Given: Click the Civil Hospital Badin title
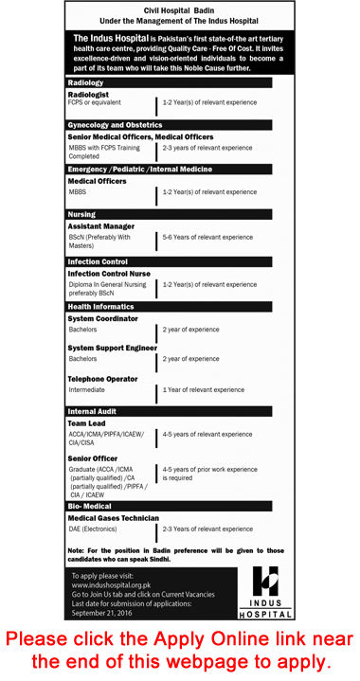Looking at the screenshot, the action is tap(179, 9).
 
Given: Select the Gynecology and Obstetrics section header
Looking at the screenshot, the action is tap(115, 125).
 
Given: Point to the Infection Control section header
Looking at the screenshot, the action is tap(98, 260).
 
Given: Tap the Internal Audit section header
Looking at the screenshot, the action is tap(93, 412).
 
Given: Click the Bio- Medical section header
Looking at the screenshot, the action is tap(89, 507).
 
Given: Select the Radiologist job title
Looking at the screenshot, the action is tap(90, 95).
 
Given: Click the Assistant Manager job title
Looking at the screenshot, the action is tap(101, 226).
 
